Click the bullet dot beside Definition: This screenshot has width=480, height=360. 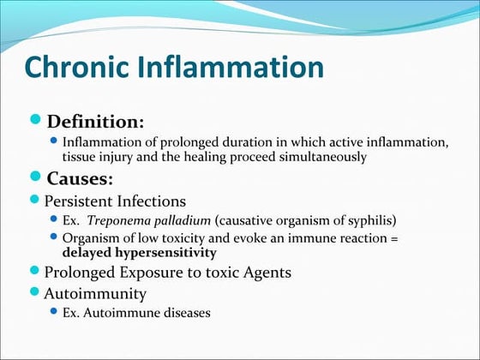coord(36,120)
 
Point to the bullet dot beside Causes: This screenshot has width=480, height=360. coord(36,177)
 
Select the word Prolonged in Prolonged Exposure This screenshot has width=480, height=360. coord(83,273)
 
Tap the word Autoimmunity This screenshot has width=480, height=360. coord(94,293)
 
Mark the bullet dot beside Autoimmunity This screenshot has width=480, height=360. coord(36,292)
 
